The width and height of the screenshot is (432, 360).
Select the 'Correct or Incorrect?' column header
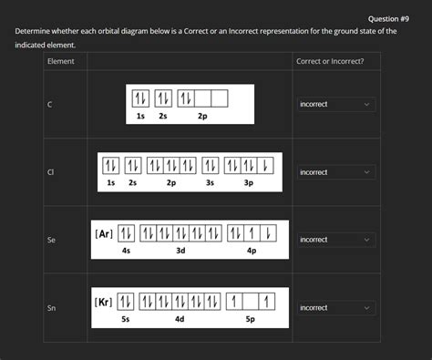tap(330, 61)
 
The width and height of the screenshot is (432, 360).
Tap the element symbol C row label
tap(50, 105)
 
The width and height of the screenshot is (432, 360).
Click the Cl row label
tap(51, 172)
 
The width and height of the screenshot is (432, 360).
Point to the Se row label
tap(52, 240)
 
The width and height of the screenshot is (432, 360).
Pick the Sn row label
tap(52, 308)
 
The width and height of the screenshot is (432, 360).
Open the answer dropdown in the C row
tap(334, 105)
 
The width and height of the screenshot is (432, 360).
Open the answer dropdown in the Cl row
tap(334, 172)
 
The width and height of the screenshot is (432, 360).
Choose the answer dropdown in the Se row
tap(334, 240)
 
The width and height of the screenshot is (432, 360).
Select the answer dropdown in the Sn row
tap(334, 308)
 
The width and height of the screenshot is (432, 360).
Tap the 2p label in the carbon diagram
tap(201, 117)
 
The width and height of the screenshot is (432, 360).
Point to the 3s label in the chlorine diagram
tap(210, 183)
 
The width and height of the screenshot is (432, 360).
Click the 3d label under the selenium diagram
tap(180, 251)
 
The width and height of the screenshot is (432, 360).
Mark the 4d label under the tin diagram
tap(180, 319)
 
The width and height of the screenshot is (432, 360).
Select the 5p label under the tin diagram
tap(251, 319)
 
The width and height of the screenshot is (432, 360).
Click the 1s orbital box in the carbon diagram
tap(140, 98)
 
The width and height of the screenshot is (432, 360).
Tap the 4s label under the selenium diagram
tap(126, 251)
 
